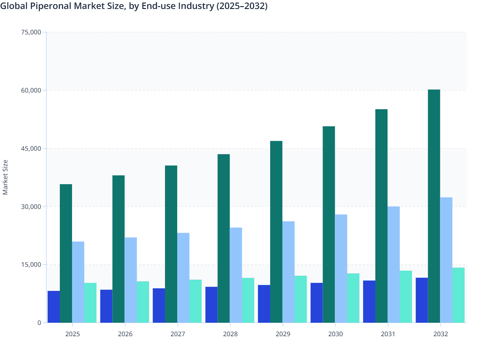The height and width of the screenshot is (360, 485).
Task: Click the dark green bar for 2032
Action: (434, 206)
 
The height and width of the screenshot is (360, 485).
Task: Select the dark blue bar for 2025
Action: (54, 307)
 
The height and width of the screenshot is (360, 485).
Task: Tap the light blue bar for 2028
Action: (236, 275)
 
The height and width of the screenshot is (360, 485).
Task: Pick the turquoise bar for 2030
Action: (353, 298)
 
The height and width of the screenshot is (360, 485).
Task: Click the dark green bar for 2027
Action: (171, 244)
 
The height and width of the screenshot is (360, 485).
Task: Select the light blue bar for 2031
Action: (394, 265)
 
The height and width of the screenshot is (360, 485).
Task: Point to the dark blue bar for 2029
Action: (264, 304)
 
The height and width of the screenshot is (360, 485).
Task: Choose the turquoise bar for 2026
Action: (143, 302)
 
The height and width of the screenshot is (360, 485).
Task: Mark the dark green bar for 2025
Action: (66, 253)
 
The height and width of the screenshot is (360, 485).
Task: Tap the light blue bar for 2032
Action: (446, 260)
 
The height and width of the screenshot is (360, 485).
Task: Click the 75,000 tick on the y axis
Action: (31, 32)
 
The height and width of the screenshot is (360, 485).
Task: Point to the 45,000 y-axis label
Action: (31, 148)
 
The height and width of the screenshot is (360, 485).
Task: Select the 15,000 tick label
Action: (31, 265)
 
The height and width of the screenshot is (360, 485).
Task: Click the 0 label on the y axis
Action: (39, 323)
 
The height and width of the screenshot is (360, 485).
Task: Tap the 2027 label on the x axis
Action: (178, 334)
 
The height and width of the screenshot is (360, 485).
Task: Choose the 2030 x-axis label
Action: (335, 334)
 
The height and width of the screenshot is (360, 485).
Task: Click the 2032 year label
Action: (441, 334)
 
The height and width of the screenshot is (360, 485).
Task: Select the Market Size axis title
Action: (5, 177)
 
